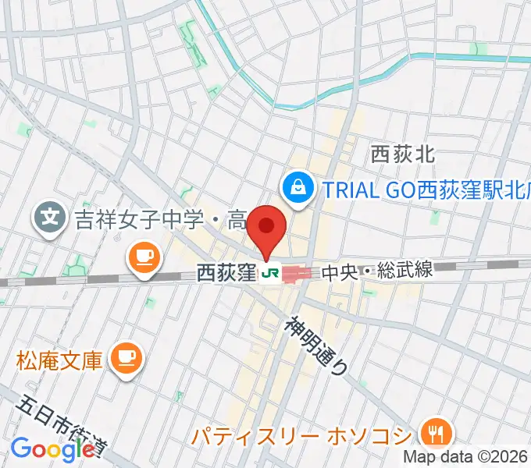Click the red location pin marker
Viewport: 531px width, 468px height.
tap(267, 229)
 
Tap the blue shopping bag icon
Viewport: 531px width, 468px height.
tap(298, 186)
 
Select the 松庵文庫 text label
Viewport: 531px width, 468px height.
tap(59, 361)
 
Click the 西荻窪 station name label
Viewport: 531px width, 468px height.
tap(226, 273)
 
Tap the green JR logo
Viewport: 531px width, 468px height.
tap(271, 273)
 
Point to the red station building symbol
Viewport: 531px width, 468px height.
tap(296, 273)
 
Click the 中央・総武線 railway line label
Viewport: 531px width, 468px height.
tap(376, 271)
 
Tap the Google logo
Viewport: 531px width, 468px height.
tap(52, 450)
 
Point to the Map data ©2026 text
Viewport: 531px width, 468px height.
tap(466, 457)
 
